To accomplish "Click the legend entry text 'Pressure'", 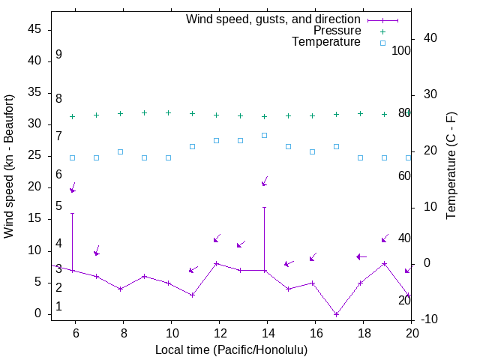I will pos(337,31).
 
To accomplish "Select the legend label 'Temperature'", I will pos(326,42).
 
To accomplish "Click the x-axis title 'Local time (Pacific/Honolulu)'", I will pos(231,349).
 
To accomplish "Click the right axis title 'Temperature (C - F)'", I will pos(451,166).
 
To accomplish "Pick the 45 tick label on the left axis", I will pos(34,29).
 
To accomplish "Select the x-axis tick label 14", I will pos(267,331).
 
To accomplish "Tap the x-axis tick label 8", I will pos(123,331).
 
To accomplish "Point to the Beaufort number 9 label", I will pos(58,55).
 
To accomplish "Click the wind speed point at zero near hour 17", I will pos(336,314).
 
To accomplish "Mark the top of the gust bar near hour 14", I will pos(264,207).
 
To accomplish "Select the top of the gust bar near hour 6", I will pos(72,213).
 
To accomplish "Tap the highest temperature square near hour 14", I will pos(264,135).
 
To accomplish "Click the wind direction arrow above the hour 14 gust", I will pos(264,181).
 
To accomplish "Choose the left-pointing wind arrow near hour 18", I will pos(361,256).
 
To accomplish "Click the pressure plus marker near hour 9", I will pos(144,112).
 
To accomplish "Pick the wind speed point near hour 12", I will pos(216,263).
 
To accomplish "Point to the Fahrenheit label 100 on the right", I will pos(401,51).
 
